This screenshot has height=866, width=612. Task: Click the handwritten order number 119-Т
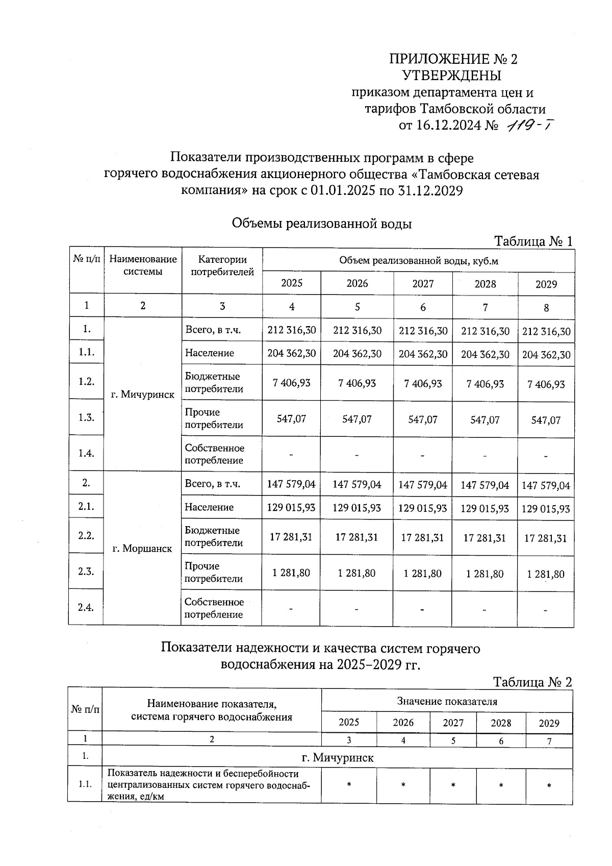529,125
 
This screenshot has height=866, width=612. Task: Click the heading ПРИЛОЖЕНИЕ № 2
453,59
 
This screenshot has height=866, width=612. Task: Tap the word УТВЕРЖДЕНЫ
452,76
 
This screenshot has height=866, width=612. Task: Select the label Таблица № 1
533,241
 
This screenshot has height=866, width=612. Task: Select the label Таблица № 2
532,682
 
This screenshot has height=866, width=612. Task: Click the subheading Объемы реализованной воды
321,224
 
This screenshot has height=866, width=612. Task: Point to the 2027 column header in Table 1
423,284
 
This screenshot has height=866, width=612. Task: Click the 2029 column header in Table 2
549,723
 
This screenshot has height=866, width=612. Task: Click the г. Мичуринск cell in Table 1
143,394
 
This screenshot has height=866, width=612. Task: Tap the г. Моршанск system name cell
142,549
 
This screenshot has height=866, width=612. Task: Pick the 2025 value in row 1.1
292,353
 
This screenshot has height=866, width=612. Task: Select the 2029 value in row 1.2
546,384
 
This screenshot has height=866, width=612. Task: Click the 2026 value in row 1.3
357,419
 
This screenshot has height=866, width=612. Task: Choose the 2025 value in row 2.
291,484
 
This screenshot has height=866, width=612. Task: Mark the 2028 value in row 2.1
484,508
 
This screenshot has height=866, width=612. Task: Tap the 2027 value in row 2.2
422,537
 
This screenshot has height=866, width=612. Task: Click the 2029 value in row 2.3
546,574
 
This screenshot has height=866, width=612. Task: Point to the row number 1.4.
86,453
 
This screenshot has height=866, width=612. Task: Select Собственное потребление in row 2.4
214,608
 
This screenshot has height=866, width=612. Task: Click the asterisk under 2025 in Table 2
349,785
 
